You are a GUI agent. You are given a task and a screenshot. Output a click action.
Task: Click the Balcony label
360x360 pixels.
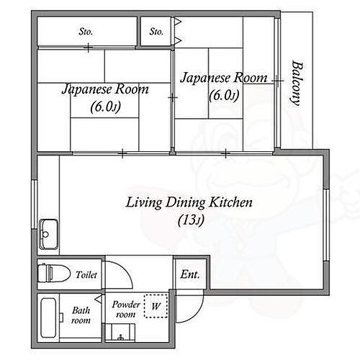click(296, 83)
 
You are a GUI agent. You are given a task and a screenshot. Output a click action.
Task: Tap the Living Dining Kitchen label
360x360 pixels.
click(189, 202)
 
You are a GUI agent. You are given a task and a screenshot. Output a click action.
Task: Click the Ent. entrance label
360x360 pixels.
click(190, 274)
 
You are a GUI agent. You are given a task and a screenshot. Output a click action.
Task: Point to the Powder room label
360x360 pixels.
click(125, 310)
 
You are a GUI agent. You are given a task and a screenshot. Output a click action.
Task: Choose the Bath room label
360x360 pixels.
click(81, 315)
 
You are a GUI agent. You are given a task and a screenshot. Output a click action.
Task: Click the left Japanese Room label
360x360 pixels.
click(105, 90)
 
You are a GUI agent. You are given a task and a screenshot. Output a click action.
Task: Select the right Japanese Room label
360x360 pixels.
click(223, 77)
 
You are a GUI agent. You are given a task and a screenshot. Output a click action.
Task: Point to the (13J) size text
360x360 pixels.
click(189, 220)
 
